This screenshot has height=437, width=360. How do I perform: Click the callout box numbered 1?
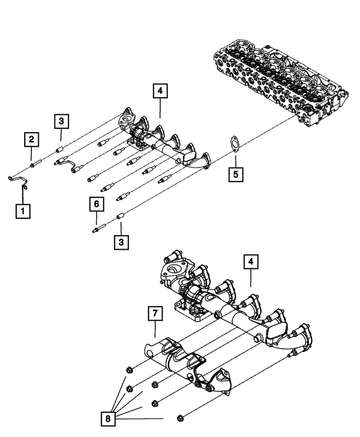tap(23, 211)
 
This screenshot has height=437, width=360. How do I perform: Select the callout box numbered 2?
tap(31, 138)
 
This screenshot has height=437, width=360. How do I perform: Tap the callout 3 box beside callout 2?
tap(62, 121)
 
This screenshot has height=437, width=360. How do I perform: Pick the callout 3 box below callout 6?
tap(120, 243)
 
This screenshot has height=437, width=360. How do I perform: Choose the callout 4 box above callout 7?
tap(250, 262)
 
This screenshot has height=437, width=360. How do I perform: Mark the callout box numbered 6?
tap(96, 204)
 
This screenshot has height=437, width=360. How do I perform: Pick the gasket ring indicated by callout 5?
tap(234, 145)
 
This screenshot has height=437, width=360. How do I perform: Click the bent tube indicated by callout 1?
tap(19, 182)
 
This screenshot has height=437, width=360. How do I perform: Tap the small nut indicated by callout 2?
tap(35, 165)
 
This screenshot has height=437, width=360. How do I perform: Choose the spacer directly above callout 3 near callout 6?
tap(120, 216)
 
